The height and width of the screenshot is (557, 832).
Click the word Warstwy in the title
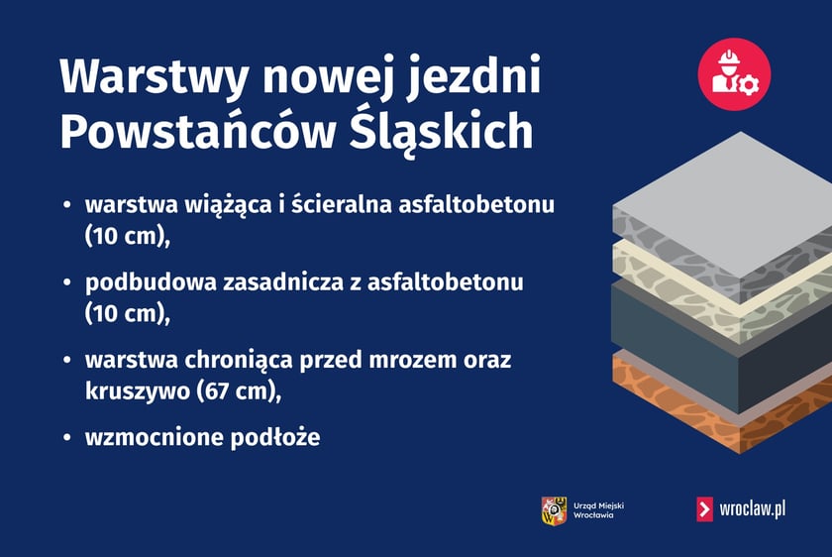[x=146, y=78]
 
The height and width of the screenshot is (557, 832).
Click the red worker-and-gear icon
[x=734, y=74]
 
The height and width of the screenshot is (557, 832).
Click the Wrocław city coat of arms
[x=554, y=509]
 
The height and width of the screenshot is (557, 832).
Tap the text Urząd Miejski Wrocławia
[x=598, y=510]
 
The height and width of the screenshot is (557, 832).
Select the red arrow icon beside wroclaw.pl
[x=704, y=509]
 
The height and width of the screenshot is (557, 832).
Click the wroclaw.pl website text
[x=753, y=509]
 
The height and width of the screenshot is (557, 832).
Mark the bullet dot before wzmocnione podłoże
[x=67, y=437]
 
